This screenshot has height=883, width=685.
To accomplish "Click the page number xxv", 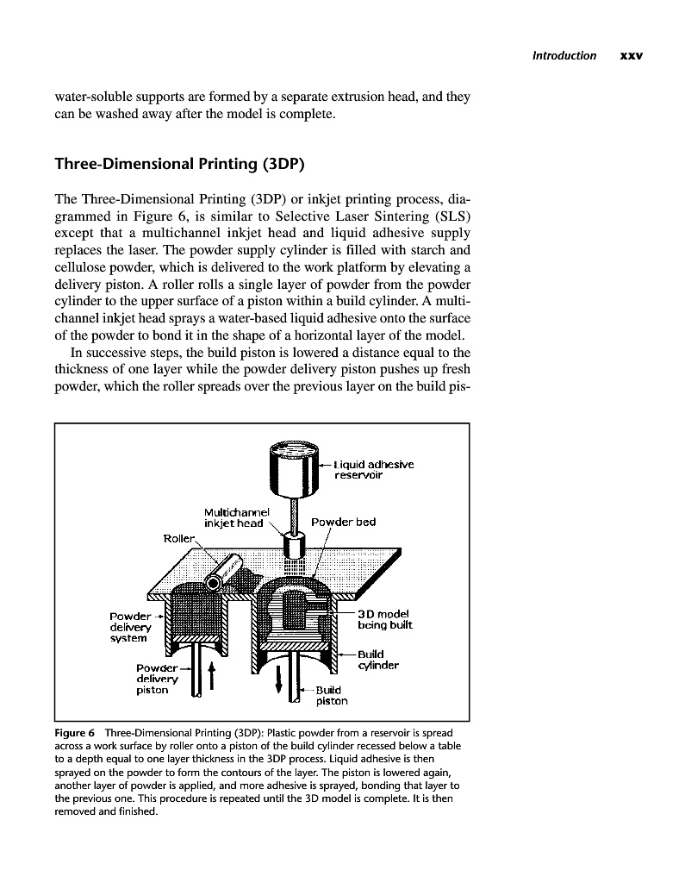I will click(x=632, y=56).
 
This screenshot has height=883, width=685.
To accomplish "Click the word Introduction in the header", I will click(x=564, y=56).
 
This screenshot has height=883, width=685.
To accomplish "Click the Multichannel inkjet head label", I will click(x=234, y=517).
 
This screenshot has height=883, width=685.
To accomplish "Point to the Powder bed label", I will click(x=343, y=522).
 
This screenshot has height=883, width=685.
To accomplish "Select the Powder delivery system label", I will click(x=130, y=627).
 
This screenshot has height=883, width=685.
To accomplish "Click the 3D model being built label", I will click(x=385, y=617).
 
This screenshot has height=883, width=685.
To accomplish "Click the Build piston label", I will click(x=331, y=695).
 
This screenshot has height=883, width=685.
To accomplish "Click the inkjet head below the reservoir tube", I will click(x=296, y=547).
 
